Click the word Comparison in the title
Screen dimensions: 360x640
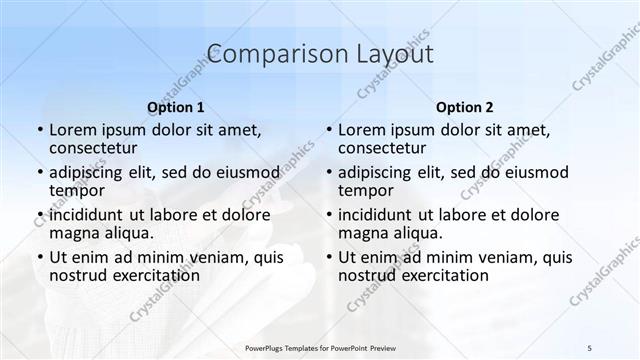pos(271,54)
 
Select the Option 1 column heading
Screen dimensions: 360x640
pos(176,107)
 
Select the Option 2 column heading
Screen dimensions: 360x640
pos(465,107)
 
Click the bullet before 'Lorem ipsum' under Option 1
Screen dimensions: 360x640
pos(40,130)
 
